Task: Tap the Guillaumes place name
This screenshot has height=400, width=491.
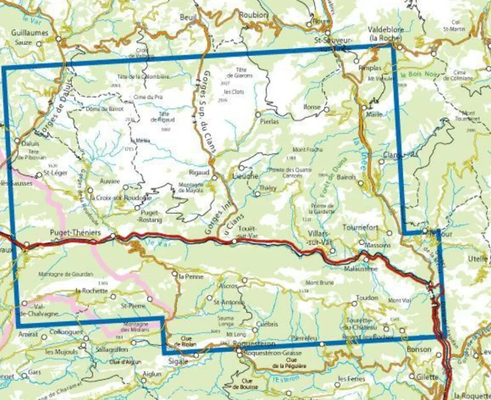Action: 29,33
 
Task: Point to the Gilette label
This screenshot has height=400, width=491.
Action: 427,376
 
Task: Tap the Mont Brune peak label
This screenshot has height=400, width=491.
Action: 319,283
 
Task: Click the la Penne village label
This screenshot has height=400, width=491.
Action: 188,277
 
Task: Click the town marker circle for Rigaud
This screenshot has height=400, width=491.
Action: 214,177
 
